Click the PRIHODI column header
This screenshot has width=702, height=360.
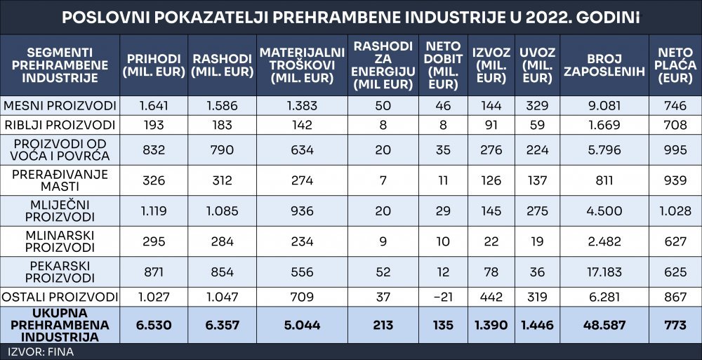(154, 65)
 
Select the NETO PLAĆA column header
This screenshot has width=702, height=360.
(675, 65)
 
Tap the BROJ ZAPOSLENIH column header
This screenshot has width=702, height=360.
(604, 65)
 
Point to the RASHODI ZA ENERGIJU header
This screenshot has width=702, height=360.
(383, 65)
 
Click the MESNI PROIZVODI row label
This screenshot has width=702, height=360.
(60, 106)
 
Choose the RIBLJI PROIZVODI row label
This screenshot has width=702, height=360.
(60, 125)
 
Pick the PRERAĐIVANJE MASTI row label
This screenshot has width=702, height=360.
(60, 180)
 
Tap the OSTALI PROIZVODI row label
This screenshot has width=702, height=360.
(60, 297)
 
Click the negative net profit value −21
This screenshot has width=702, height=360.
(443, 297)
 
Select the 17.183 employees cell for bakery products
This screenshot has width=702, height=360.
(604, 272)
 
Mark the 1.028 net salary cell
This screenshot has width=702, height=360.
(675, 211)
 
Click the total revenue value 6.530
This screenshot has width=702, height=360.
(154, 325)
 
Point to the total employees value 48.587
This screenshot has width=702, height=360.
(604, 325)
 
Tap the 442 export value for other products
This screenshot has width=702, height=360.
(491, 297)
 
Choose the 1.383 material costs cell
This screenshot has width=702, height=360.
(302, 106)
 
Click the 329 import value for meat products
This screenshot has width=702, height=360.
(537, 106)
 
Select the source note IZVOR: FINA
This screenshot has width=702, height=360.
(40, 352)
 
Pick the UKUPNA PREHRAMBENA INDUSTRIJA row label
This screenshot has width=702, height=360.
(60, 325)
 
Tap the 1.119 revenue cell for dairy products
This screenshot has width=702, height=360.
(154, 211)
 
